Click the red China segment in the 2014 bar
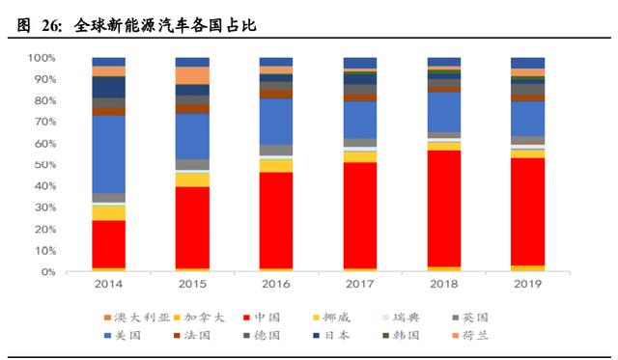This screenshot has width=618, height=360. (108, 243)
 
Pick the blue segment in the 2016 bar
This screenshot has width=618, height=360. (276, 121)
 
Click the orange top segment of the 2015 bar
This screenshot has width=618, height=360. (192, 75)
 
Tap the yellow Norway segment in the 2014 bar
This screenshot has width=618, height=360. (108, 212)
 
